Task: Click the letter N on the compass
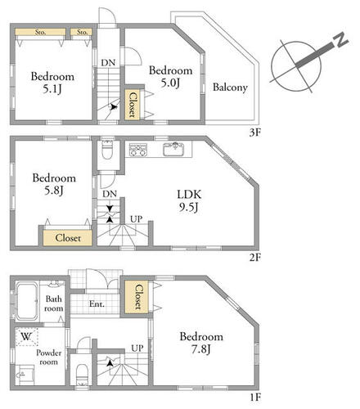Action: [340, 40]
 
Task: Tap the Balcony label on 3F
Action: [230, 88]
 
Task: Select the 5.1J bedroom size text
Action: [52, 89]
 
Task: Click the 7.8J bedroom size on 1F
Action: [201, 349]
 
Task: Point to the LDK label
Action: [189, 195]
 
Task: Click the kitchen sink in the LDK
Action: [173, 149]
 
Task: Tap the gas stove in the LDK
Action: [138, 150]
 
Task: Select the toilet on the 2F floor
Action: [107, 150]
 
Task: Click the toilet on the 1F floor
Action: [81, 375]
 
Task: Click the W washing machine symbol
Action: [26, 337]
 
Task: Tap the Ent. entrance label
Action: [97, 303]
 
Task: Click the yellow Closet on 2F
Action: [67, 238]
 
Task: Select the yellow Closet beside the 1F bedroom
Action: [137, 297]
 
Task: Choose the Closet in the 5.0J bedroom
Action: [133, 105]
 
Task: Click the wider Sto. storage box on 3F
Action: [40, 32]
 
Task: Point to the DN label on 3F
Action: [108, 63]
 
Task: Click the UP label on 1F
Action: [137, 348]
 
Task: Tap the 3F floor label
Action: [255, 133]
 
